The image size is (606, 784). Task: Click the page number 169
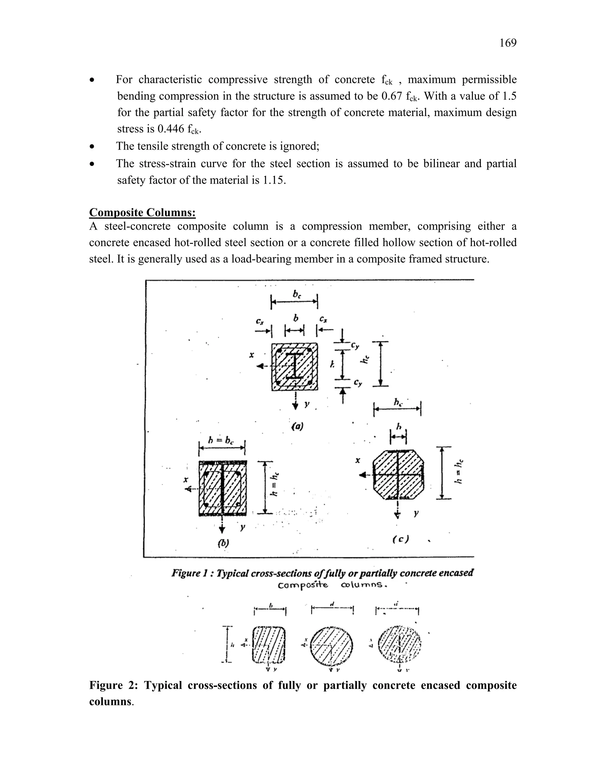[x=508, y=43]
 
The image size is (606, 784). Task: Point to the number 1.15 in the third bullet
[x=274, y=180]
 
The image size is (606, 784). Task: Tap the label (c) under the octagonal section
[x=401, y=539]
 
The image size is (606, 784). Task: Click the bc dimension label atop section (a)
[x=296, y=294]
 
